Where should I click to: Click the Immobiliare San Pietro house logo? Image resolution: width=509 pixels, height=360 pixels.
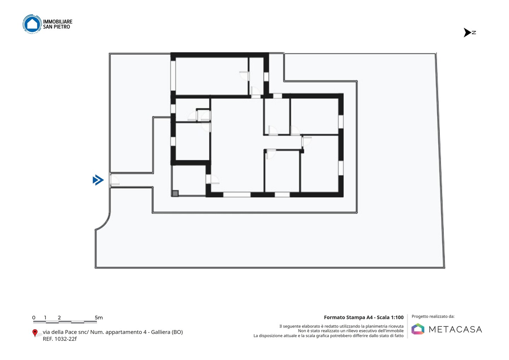point(32,24)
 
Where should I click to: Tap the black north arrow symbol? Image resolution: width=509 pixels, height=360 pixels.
point(467,33)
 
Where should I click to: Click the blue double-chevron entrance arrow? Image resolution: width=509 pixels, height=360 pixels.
point(98,180)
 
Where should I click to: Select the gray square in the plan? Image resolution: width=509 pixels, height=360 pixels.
point(175,193)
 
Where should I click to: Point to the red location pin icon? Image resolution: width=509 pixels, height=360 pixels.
point(35,333)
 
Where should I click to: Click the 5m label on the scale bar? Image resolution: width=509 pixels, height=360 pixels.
point(99,318)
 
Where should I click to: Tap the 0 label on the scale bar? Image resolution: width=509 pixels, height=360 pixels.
point(34,318)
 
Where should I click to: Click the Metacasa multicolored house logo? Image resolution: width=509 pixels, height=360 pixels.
point(418,329)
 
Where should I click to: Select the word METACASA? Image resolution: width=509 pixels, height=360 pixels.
point(455,329)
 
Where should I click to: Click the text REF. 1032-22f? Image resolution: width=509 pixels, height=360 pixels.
point(60,339)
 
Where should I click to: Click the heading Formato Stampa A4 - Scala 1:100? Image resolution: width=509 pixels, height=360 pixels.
point(364,317)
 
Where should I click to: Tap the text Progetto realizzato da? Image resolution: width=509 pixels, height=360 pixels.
point(433,317)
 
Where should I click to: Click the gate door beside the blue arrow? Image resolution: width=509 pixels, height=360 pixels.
point(114,180)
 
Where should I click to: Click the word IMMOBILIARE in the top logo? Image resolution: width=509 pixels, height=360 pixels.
point(58,22)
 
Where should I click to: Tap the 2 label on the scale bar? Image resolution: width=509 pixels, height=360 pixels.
point(59,318)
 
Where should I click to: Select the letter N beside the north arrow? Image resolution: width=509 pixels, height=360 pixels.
point(474,33)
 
